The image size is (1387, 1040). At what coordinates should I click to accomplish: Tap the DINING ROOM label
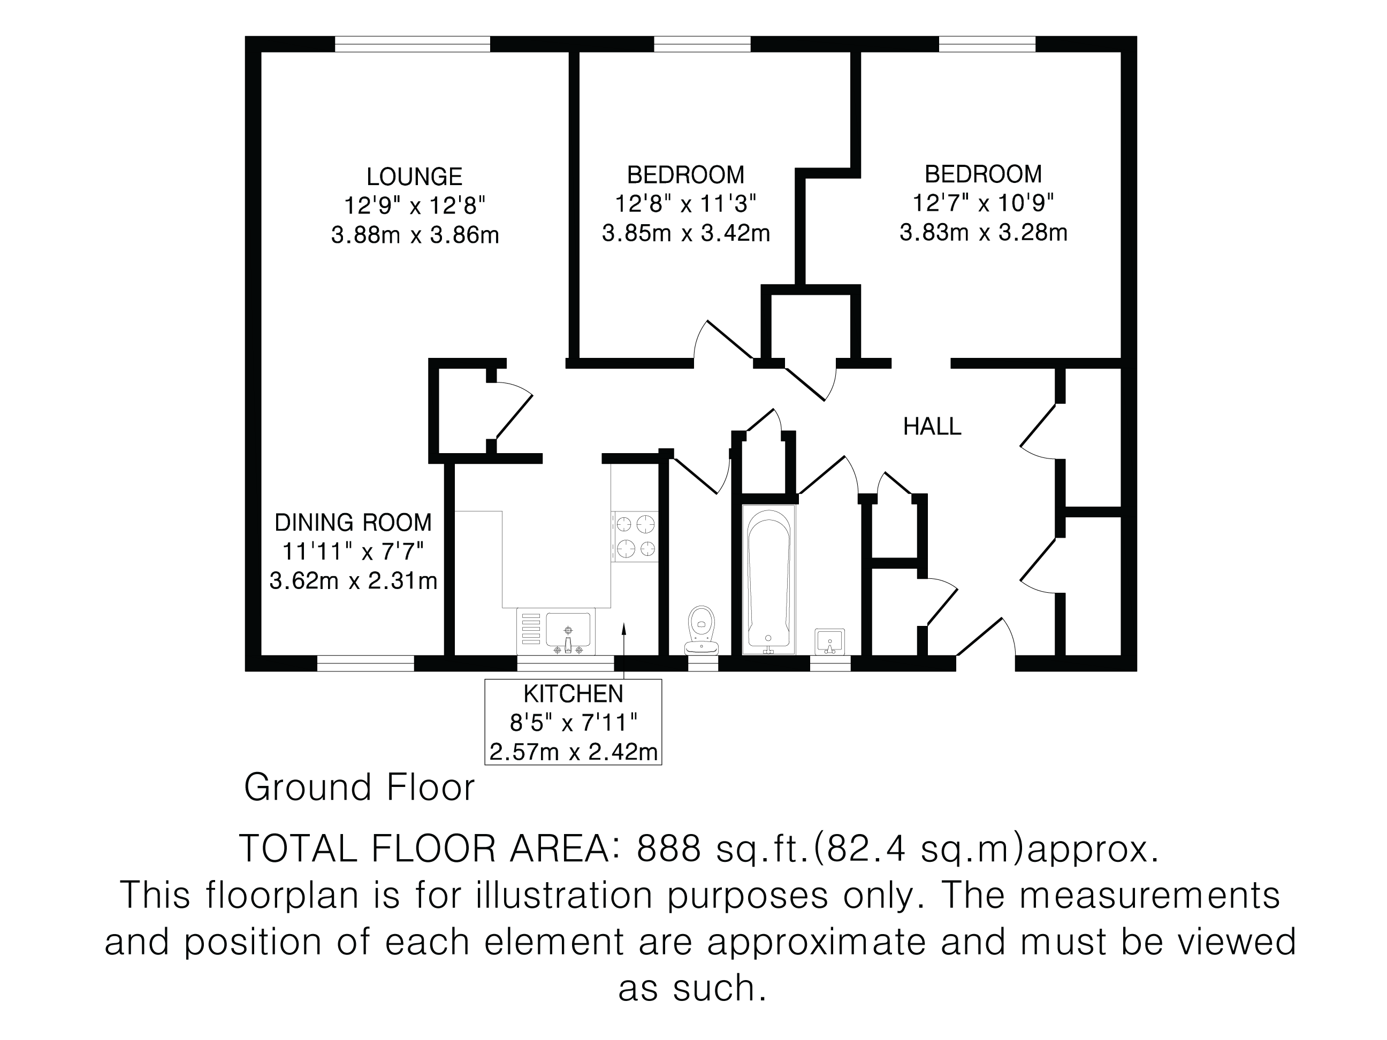coord(353,522)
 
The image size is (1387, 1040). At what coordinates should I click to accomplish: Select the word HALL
coord(932,427)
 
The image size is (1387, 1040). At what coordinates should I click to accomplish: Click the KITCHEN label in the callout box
coord(573,694)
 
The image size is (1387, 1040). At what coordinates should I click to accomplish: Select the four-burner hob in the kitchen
coord(635,537)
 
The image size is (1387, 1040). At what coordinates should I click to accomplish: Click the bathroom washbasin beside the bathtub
coord(829,641)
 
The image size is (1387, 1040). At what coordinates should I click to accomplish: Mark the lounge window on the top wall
coord(412,44)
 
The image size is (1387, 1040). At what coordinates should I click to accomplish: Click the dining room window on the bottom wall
coord(365,663)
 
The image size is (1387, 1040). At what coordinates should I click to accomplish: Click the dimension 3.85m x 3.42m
coord(686,233)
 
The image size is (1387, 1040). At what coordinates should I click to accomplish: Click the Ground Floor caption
coord(359,787)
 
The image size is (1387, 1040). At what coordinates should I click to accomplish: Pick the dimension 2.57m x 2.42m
coord(573,752)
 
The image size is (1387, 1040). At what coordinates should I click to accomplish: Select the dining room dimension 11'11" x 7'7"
coord(353,552)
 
